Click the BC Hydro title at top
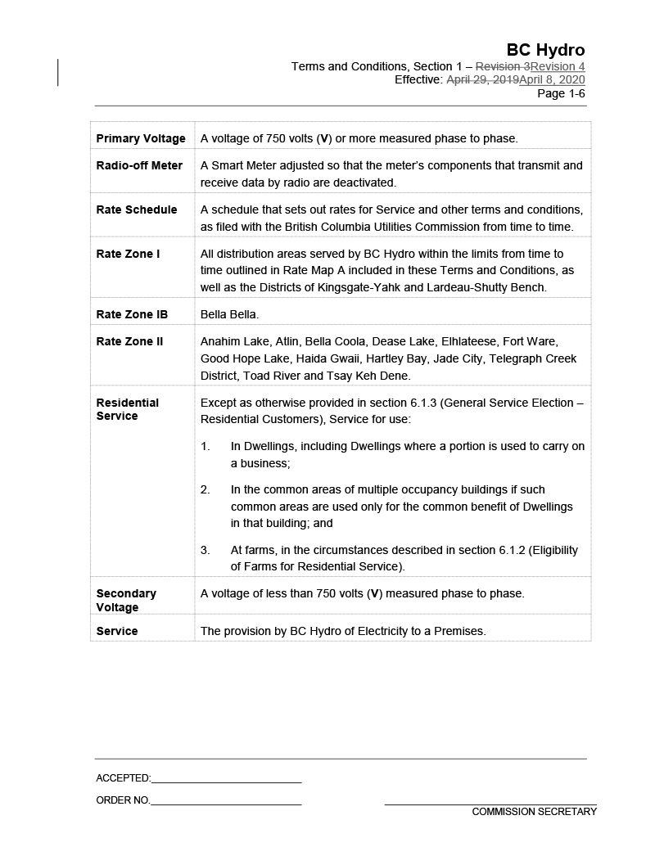(x=545, y=50)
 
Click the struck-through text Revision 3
(x=503, y=66)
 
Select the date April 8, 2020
(x=552, y=79)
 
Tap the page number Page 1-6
(x=561, y=93)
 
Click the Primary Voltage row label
(x=141, y=138)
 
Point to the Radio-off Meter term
(x=139, y=165)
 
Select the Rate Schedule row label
(x=137, y=209)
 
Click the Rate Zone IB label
(x=132, y=314)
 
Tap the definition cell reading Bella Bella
(x=229, y=314)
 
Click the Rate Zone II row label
(x=130, y=341)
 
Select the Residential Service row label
(x=128, y=409)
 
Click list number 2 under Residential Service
(x=206, y=489)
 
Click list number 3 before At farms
(x=206, y=550)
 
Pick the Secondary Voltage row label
(x=126, y=600)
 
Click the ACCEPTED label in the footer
(x=123, y=778)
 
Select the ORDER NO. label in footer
(x=123, y=800)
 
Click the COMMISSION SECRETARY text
(x=534, y=812)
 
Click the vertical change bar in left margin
(x=58, y=73)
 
